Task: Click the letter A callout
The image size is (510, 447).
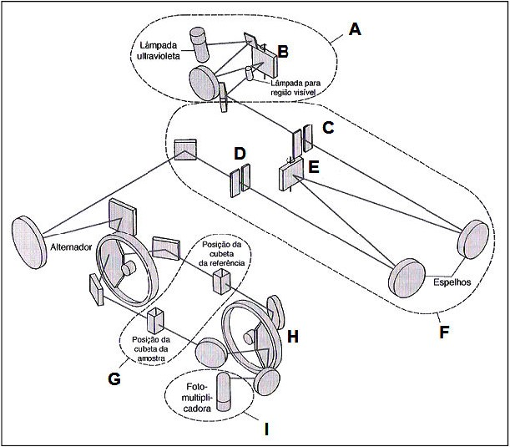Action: click(x=355, y=30)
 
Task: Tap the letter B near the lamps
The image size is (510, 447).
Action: click(x=283, y=52)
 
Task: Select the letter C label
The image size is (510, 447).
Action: click(x=328, y=128)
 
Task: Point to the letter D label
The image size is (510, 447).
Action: click(x=240, y=155)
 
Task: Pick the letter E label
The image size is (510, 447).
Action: click(x=313, y=167)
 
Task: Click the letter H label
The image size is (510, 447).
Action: click(x=293, y=336)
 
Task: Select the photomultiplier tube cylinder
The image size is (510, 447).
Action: click(x=224, y=391)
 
